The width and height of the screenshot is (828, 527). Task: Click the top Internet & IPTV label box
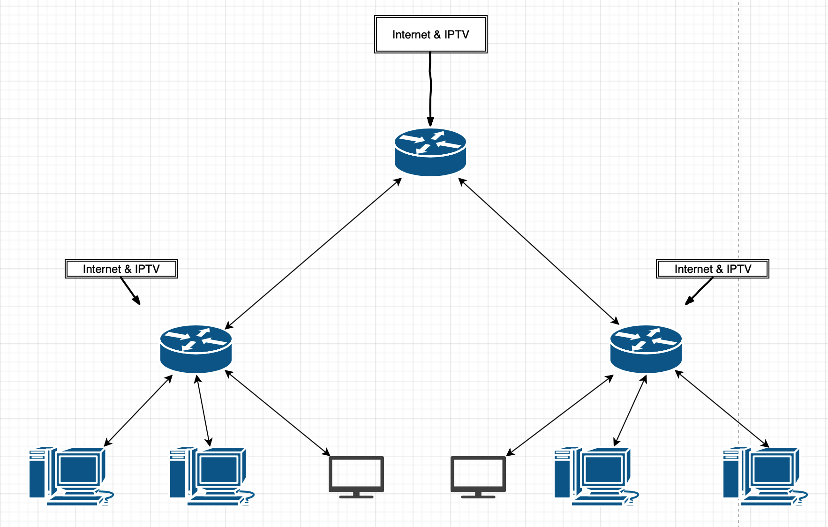pos(430,34)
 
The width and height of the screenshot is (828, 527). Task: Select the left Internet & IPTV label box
pos(121,269)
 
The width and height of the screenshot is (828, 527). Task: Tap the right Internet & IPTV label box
pos(712,269)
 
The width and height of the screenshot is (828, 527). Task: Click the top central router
pos(430,152)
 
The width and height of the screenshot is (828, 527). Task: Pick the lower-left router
pos(196,349)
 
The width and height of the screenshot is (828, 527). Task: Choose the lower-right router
pos(646,349)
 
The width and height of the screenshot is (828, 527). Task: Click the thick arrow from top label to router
pos(430,89)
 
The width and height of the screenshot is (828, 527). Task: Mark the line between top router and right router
pos(539,251)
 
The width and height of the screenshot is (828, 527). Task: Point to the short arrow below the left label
pos(130,291)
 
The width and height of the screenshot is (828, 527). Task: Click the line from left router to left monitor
pos(278,413)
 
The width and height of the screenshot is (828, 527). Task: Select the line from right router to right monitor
pos(560,415)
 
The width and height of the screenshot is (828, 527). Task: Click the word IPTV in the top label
pos(457,34)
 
